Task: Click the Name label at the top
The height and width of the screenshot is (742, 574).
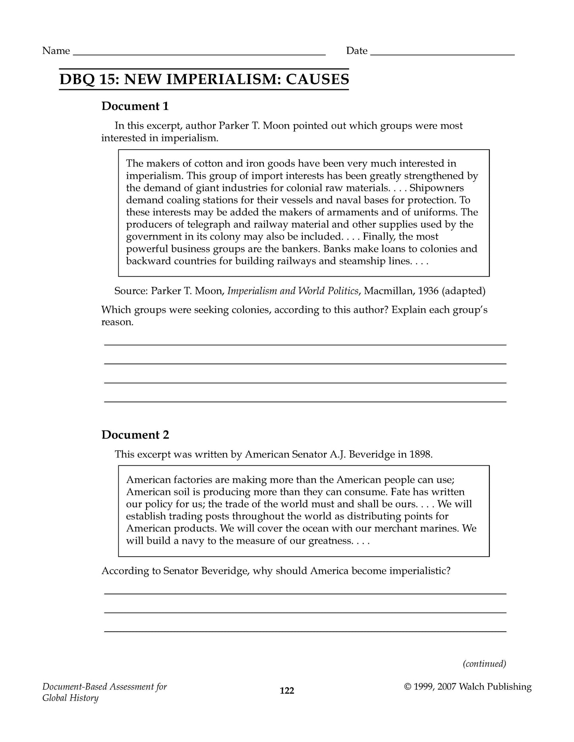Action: (56, 51)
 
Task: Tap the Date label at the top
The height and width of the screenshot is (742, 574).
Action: (356, 51)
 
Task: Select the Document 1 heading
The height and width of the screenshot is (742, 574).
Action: (135, 106)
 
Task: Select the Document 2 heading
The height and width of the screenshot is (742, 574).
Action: (135, 434)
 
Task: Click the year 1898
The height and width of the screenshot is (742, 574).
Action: (419, 454)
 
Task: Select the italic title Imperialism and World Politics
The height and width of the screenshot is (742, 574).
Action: (293, 291)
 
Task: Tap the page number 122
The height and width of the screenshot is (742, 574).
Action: (287, 691)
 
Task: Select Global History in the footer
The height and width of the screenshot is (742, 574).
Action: (70, 698)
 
